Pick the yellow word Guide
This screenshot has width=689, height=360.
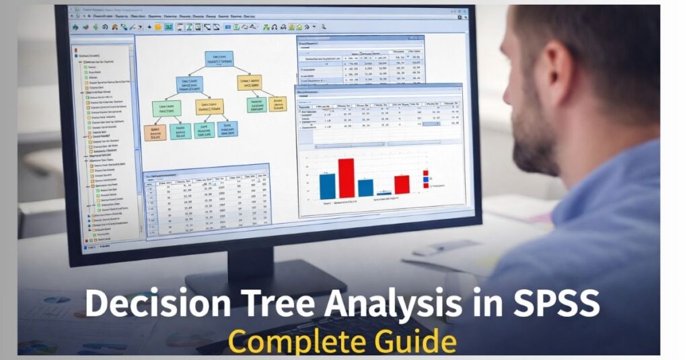(416, 340)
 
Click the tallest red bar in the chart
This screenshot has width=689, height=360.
(346, 178)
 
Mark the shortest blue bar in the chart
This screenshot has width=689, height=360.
(384, 194)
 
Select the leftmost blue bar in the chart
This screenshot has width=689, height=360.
(327, 186)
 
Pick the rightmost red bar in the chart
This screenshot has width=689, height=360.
(402, 184)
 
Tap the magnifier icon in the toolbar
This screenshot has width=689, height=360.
(324, 26)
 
